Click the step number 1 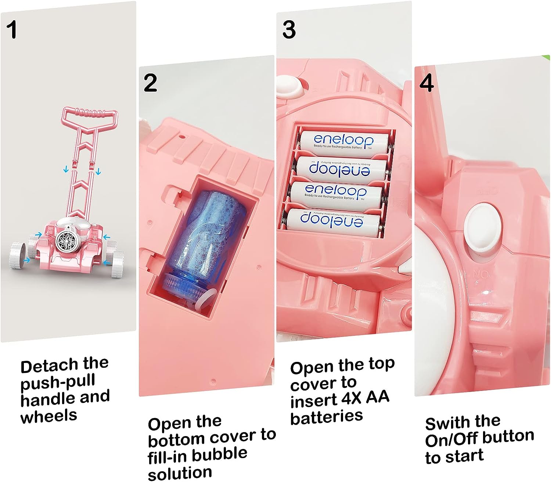click(12, 30)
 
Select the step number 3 click(289, 30)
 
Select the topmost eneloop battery click(343, 141)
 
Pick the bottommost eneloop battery click(332, 222)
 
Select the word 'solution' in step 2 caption click(180, 473)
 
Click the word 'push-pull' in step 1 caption click(58, 383)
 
